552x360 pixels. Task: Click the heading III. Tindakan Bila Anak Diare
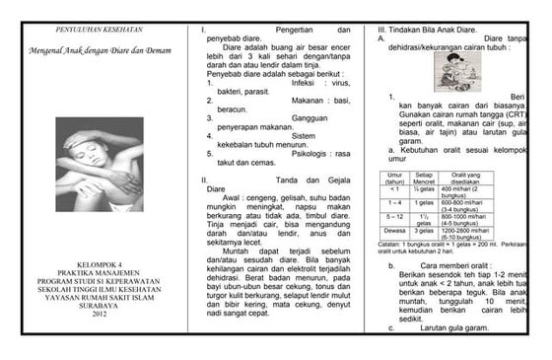point(430,30)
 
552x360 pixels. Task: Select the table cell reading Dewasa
point(394,230)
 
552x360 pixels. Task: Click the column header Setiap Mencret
point(425,178)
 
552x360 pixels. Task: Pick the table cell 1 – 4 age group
point(394,201)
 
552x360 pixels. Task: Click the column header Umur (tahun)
point(394,178)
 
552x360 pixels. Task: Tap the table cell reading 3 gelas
point(425,230)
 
